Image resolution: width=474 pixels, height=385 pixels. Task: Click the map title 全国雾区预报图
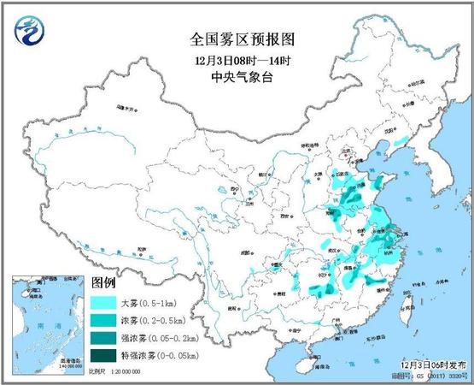236,40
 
